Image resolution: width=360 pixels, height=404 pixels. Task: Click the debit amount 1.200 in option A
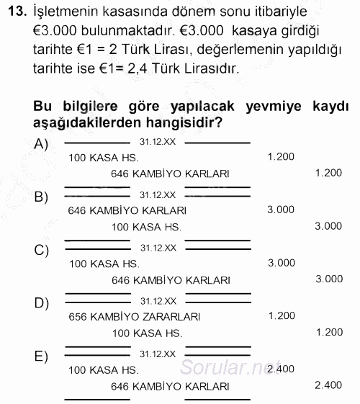(x=280, y=156)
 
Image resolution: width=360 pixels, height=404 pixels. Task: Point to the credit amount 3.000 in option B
(x=328, y=226)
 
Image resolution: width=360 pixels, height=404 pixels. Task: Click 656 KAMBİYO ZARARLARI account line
(x=135, y=316)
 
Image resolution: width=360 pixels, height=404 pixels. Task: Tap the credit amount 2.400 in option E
(x=328, y=385)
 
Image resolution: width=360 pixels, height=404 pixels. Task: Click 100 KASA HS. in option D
(x=147, y=333)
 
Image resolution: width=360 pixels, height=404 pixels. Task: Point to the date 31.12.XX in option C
(x=158, y=247)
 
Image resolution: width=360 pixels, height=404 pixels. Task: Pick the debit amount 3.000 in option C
(x=281, y=263)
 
